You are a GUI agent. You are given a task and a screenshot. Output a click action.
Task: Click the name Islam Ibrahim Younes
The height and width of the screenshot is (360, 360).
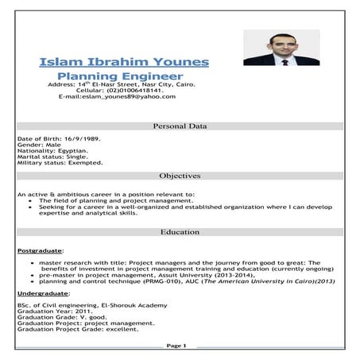tap(123, 62)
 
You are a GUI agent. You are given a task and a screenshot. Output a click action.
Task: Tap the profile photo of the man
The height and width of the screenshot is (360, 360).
tap(281, 48)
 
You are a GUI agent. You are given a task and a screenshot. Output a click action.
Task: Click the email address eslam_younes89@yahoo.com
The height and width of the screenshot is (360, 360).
tap(117, 96)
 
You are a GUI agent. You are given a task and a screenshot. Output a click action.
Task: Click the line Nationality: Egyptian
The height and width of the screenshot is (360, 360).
tap(52, 150)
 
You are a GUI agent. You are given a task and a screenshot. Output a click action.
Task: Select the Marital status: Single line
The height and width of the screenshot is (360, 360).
tap(52, 157)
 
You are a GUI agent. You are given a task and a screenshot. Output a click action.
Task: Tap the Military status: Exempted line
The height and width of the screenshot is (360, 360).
tap(60, 163)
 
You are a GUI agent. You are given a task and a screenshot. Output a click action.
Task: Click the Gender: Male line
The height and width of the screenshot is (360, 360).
tap(37, 144)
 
